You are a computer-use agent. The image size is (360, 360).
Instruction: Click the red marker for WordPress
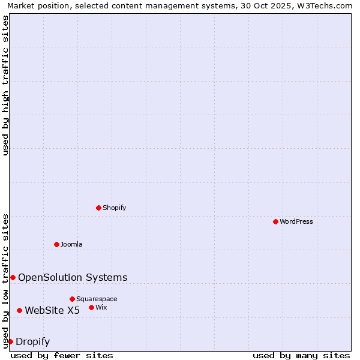[275, 221]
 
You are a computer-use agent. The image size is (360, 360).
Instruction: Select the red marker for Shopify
[98, 208]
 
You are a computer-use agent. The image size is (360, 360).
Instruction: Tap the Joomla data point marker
[56, 244]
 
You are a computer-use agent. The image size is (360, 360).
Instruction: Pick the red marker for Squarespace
[72, 299]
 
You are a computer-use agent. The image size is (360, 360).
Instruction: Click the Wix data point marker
[91, 307]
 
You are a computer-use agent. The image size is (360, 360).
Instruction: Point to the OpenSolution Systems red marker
[13, 277]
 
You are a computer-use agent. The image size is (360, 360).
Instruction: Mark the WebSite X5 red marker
[19, 310]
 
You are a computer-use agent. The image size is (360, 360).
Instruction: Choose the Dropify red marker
[10, 341]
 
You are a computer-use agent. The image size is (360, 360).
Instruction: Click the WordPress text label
[296, 221]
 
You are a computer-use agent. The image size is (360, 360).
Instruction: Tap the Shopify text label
[115, 208]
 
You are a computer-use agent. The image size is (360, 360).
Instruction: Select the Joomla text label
[71, 244]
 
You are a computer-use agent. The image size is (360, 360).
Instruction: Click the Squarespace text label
[97, 299]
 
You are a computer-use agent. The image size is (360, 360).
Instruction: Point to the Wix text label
[101, 307]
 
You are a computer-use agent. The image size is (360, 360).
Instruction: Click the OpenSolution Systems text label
[73, 277]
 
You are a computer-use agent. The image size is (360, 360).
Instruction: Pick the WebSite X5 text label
[52, 310]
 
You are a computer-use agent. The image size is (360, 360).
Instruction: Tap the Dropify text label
[33, 342]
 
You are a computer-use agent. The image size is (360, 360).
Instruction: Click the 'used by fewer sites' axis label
[62, 355]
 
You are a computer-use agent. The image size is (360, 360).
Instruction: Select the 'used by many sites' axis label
[301, 355]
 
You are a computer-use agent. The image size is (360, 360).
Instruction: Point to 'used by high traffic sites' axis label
[5, 85]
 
